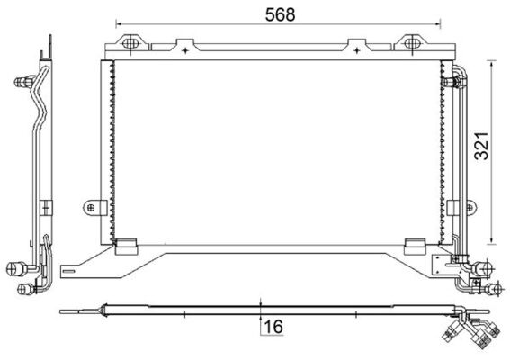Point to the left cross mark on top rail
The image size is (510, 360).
[183, 50]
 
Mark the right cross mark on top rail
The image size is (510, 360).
[365, 50]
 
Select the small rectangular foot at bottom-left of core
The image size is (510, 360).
[128, 243]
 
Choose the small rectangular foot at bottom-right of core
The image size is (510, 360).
[415, 243]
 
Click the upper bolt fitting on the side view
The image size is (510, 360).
[21, 83]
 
